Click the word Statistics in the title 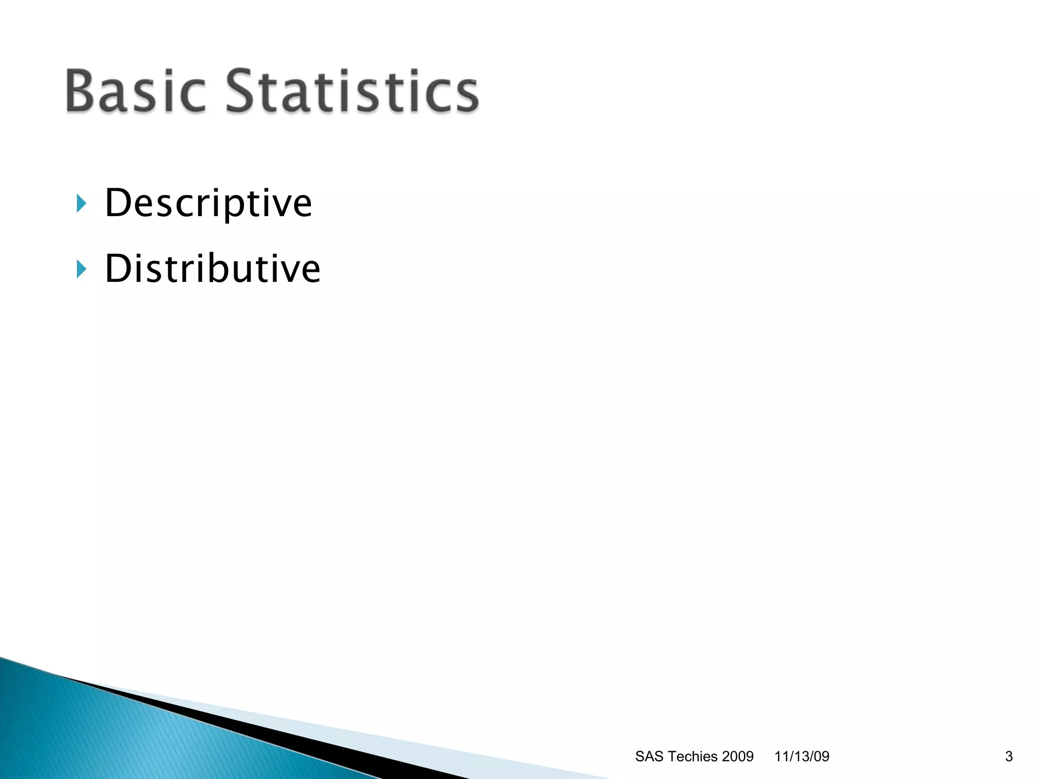click(352, 91)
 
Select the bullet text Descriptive click(208, 203)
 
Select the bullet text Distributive click(212, 268)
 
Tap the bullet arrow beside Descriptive click(81, 203)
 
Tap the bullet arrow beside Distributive click(81, 269)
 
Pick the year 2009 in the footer click(737, 756)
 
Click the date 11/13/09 click(802, 756)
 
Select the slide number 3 click(1009, 756)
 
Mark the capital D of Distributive click(118, 268)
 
